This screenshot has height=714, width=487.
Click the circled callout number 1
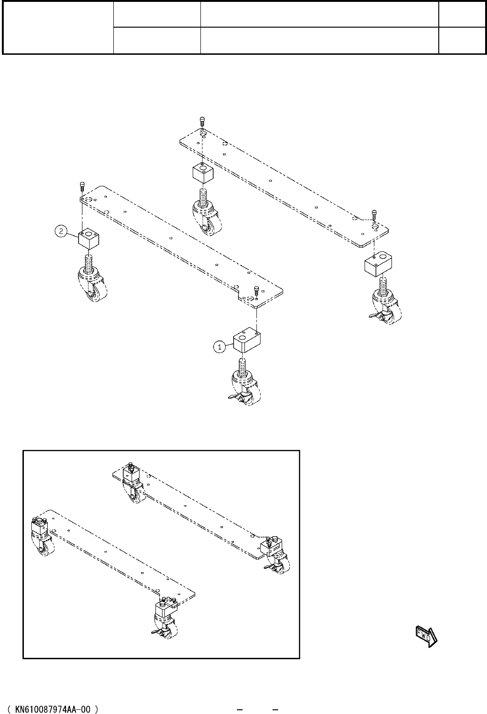(x=218, y=347)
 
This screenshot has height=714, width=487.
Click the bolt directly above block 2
(x=82, y=186)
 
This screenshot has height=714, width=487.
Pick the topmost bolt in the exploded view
(x=202, y=121)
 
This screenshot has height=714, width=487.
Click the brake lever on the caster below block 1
(x=234, y=397)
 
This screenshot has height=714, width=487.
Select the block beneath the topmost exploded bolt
(x=203, y=173)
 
